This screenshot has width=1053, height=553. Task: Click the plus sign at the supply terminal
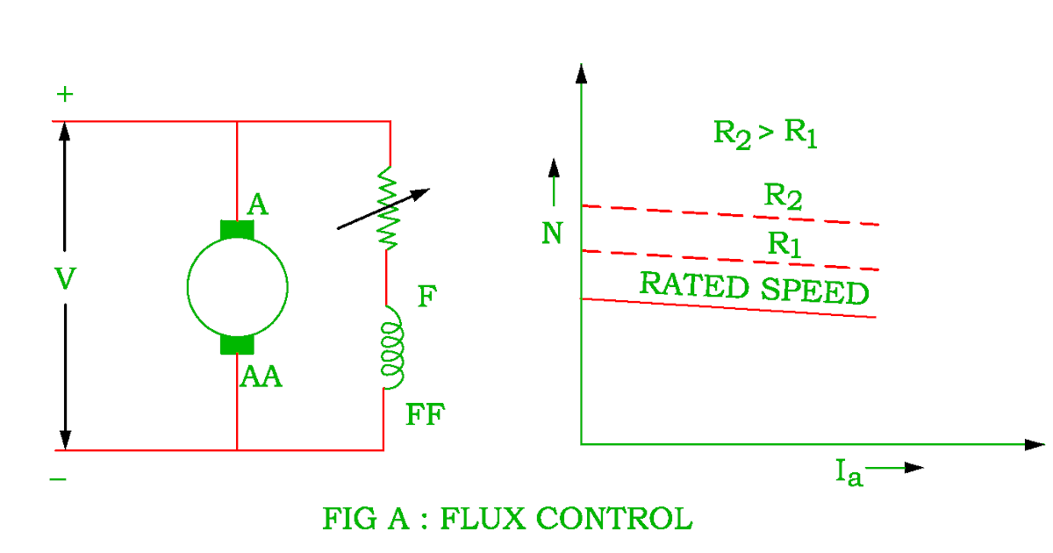click(x=64, y=94)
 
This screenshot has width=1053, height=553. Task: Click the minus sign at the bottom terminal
click(x=58, y=479)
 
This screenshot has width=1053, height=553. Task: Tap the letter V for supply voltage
click(x=65, y=279)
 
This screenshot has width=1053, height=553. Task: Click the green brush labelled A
click(x=237, y=230)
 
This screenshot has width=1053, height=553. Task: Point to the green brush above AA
click(x=237, y=344)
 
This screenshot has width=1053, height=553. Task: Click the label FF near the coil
click(x=426, y=414)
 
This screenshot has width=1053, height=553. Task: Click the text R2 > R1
click(x=765, y=133)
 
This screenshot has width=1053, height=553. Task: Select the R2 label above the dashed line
click(x=783, y=196)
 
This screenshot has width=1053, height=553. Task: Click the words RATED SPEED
click(x=754, y=288)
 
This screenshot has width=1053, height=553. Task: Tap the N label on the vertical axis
click(x=551, y=234)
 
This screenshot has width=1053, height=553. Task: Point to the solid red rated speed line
click(x=728, y=308)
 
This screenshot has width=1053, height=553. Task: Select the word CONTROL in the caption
click(x=613, y=518)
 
